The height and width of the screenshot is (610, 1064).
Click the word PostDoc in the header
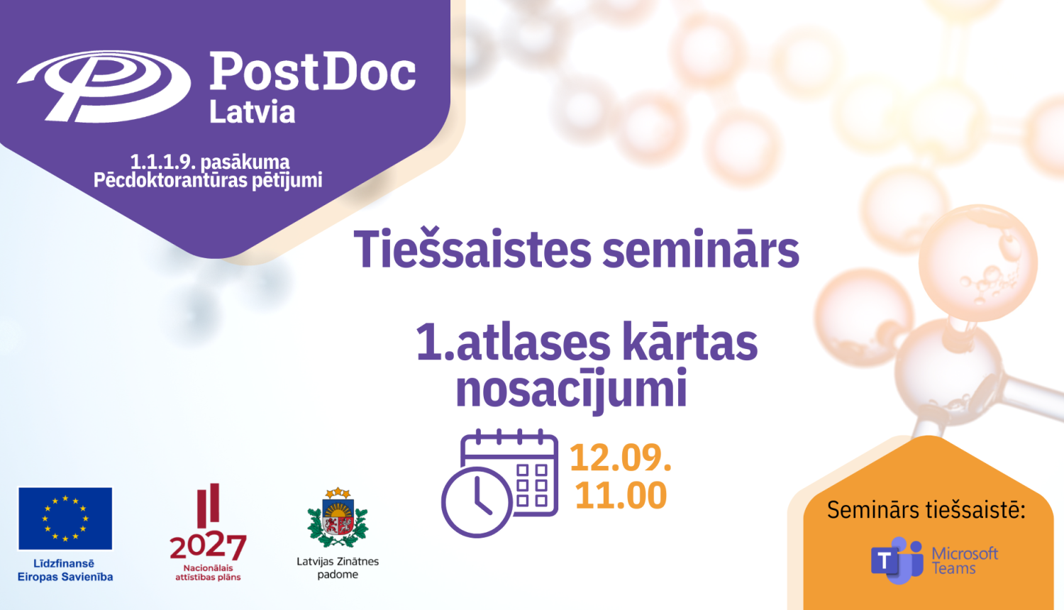(312, 72)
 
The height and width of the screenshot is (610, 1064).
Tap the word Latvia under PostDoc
(252, 112)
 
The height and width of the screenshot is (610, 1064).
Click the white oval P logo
(104, 86)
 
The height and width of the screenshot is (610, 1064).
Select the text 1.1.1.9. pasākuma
(209, 162)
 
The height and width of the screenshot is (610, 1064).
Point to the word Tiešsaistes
(472, 250)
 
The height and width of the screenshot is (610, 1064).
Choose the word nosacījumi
(572, 390)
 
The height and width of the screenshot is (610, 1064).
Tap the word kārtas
(689, 343)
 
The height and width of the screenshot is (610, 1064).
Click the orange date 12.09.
(620, 457)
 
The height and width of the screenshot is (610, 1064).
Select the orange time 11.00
(621, 495)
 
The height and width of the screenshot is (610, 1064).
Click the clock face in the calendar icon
(477, 502)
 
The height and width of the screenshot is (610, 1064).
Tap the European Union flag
(65, 518)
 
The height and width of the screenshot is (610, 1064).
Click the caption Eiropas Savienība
(65, 577)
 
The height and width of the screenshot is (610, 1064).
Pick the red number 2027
(208, 546)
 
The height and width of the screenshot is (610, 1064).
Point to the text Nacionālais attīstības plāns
(208, 572)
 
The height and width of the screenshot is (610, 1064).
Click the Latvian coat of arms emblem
(338, 518)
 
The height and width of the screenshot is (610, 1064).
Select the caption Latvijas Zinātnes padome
(338, 567)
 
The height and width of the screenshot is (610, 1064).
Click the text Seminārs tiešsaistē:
(926, 510)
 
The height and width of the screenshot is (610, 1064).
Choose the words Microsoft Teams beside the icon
(964, 560)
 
